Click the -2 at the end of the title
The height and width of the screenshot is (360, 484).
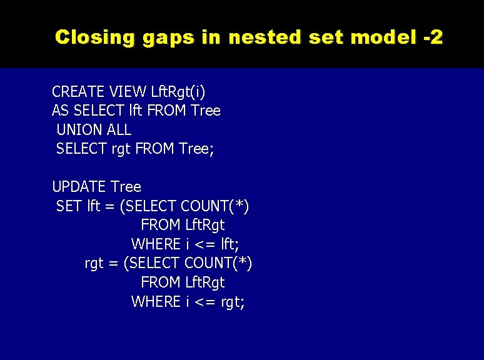[433, 37]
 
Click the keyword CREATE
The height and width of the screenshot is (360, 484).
[78, 92]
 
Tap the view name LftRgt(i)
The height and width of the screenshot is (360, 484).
[178, 92]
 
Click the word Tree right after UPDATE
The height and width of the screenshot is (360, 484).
[126, 187]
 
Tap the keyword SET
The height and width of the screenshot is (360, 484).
[69, 206]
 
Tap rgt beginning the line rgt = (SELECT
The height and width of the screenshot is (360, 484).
[94, 264]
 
